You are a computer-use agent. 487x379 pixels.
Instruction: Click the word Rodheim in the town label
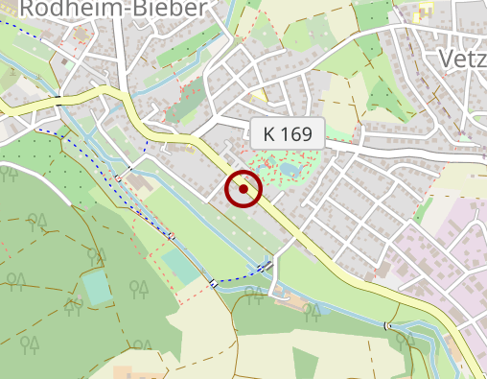click(x=65, y=10)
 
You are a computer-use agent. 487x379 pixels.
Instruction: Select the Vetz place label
click(x=461, y=59)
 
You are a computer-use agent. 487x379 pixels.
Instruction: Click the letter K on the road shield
click(x=268, y=135)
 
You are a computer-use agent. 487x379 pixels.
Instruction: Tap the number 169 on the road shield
click(x=296, y=135)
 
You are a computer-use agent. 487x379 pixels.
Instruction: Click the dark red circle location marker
click(x=243, y=189)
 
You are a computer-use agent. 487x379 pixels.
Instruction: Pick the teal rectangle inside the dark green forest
click(x=97, y=287)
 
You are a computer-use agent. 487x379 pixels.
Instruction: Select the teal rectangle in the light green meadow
click(x=180, y=266)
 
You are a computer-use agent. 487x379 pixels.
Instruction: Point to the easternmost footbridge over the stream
click(x=387, y=326)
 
